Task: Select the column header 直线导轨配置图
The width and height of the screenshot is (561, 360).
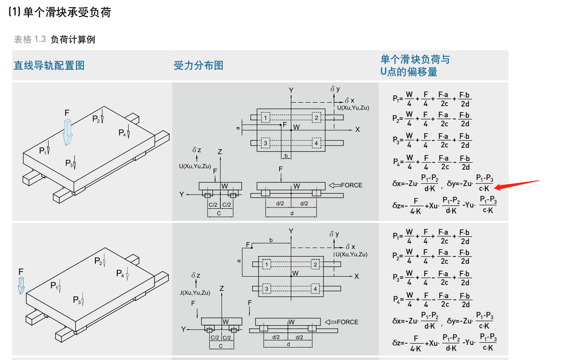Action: tap(49, 65)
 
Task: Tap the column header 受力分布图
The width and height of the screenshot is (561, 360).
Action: tap(198, 65)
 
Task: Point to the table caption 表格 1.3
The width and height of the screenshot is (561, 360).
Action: tap(30, 40)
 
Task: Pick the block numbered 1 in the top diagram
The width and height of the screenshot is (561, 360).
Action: tap(266, 118)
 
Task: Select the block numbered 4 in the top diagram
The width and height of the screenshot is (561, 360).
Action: tap(316, 143)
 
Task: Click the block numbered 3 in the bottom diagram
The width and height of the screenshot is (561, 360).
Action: tap(266, 289)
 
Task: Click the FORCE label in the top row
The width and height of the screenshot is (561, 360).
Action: tap(351, 185)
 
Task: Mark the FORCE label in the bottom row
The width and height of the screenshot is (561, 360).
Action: tap(348, 322)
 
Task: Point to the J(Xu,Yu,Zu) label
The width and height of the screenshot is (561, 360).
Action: tap(195, 293)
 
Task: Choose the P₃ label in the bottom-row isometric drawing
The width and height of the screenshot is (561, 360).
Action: tap(77, 300)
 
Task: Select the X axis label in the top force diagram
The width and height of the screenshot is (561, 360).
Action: tap(357, 129)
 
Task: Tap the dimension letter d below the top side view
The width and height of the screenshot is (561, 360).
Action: tap(291, 213)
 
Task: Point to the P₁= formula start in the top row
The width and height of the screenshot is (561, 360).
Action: tap(397, 98)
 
